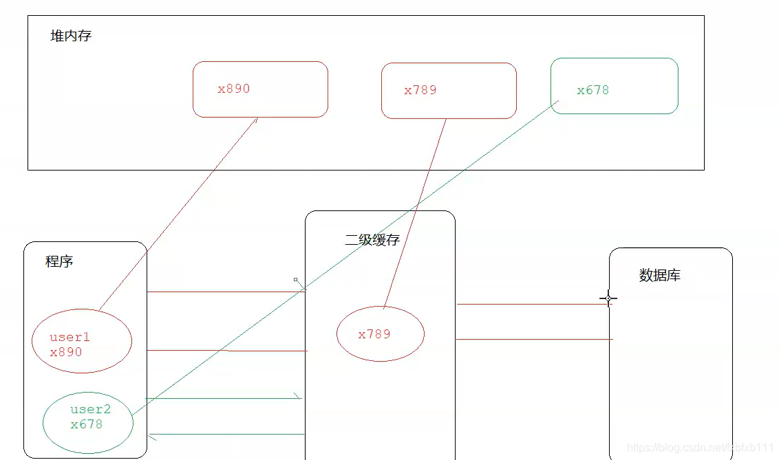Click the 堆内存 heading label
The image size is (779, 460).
pyautogui.click(x=71, y=36)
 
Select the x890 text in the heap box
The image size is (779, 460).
pyautogui.click(x=234, y=89)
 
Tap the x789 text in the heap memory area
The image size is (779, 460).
pyautogui.click(x=420, y=90)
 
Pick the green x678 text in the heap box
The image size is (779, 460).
pyautogui.click(x=593, y=90)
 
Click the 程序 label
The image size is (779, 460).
pyautogui.click(x=59, y=261)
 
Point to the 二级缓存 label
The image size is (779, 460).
pyautogui.click(x=372, y=240)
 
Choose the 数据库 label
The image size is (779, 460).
pyautogui.click(x=660, y=275)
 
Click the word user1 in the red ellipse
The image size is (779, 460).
pyautogui.click(x=70, y=338)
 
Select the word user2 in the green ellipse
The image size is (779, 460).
pyautogui.click(x=90, y=410)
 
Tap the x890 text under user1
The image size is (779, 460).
pyautogui.click(x=66, y=352)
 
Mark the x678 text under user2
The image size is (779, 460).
pyautogui.click(x=87, y=424)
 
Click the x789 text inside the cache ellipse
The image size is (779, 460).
pyautogui.click(x=374, y=334)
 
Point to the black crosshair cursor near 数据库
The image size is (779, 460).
pyautogui.click(x=608, y=298)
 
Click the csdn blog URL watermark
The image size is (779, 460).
pyautogui.click(x=701, y=448)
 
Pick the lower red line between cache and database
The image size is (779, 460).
pyautogui.click(x=533, y=339)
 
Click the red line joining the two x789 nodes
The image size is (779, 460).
pyautogui.click(x=415, y=213)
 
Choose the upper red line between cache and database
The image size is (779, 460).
pyautogui.click(x=533, y=304)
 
